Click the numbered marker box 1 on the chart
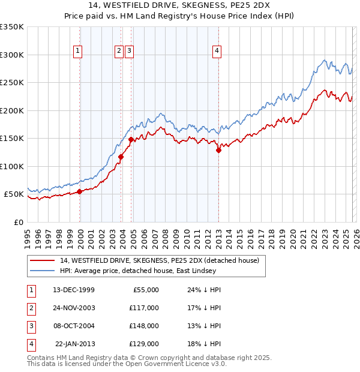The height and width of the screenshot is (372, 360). (x=79, y=52)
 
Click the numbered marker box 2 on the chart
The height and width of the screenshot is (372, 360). (x=119, y=52)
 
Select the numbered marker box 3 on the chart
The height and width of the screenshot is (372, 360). (x=129, y=52)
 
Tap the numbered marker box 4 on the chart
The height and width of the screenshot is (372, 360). (x=217, y=52)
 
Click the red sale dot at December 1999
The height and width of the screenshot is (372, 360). (x=79, y=191)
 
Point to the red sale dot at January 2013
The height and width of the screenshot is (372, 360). (x=218, y=151)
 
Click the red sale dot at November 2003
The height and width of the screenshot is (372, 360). (x=121, y=157)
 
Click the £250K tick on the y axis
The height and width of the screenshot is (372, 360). (x=12, y=83)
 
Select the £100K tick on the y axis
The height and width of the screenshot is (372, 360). (x=12, y=166)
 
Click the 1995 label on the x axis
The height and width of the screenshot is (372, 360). (x=28, y=234)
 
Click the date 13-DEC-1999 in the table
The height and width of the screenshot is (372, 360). (x=73, y=290)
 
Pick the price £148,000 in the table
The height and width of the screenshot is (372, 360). (x=143, y=326)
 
